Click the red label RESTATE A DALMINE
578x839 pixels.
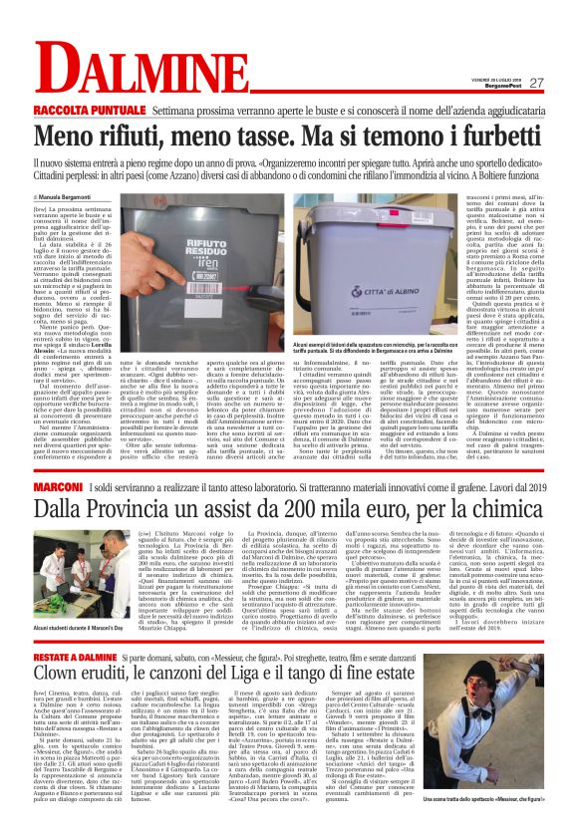point(79,630)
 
